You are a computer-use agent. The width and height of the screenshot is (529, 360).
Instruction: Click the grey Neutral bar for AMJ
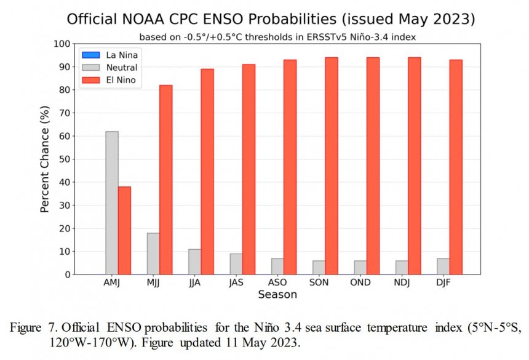pos(112,203)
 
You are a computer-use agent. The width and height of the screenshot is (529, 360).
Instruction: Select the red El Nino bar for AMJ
pos(124,231)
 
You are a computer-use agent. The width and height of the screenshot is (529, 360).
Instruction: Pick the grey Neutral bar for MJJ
pos(153,254)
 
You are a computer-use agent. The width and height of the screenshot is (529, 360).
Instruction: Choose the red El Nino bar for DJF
pos(456,167)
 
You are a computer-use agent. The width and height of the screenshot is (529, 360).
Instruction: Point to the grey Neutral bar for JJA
pos(194,262)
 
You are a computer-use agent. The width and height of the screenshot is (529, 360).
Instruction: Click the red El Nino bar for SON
pos(332,166)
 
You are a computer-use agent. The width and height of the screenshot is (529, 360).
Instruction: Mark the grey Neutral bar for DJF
pos(443,266)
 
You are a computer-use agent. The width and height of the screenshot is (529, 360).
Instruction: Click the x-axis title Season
pos(277,295)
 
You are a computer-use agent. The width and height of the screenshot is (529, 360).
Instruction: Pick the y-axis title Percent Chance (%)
pos(45,159)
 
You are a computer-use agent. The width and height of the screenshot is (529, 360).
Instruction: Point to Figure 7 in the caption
pos(34,327)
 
